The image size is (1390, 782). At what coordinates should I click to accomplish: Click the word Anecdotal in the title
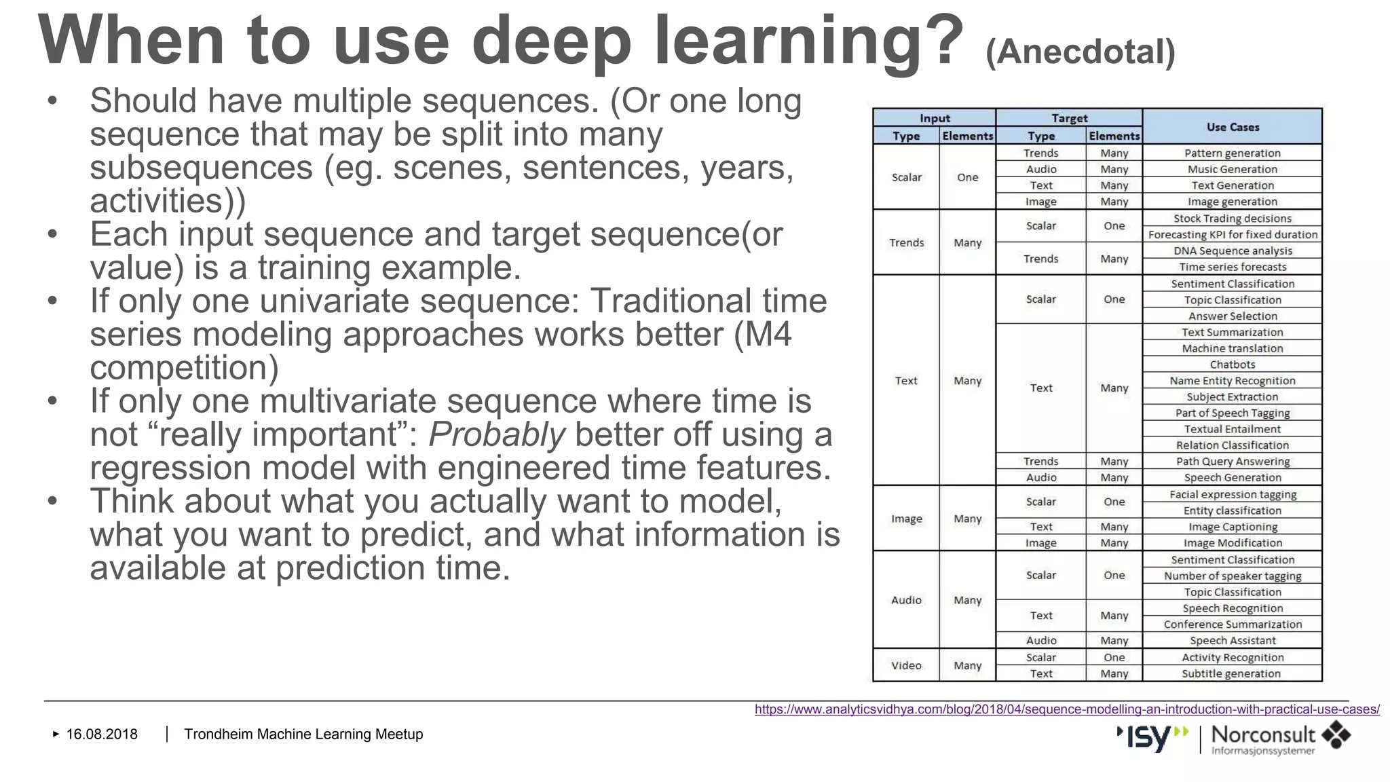(x=1080, y=52)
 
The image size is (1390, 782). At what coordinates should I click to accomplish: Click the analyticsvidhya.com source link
(x=1067, y=709)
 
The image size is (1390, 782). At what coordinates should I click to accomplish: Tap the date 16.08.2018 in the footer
(x=102, y=734)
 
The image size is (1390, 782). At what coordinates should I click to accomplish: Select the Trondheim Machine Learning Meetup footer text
(x=303, y=734)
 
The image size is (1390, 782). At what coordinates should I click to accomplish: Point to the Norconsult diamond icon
(x=1336, y=735)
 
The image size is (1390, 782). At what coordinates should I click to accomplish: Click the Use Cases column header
(x=1233, y=127)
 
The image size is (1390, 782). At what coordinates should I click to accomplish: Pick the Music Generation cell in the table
(x=1233, y=169)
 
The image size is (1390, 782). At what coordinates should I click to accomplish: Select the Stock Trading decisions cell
(x=1233, y=219)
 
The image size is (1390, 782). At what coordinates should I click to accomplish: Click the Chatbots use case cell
(x=1233, y=365)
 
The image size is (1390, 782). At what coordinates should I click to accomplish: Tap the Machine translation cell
(x=1233, y=348)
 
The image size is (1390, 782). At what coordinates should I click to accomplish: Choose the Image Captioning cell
(x=1233, y=527)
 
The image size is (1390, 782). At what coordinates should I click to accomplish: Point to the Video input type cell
(x=906, y=665)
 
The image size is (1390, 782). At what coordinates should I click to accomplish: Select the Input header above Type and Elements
(x=935, y=118)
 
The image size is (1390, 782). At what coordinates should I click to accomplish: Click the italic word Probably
(x=497, y=434)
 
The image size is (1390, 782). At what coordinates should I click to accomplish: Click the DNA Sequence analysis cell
(x=1233, y=250)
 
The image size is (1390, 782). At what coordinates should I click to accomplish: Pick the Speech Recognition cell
(x=1233, y=608)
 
